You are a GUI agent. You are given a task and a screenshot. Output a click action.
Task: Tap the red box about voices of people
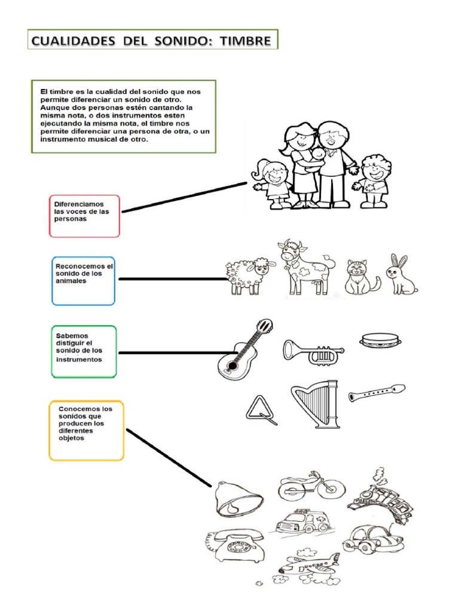click(x=84, y=216)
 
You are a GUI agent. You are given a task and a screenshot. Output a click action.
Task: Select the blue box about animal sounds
click(x=83, y=281)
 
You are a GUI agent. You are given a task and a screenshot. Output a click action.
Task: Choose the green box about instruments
click(x=84, y=351)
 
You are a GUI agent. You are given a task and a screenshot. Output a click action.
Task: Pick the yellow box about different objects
click(x=86, y=430)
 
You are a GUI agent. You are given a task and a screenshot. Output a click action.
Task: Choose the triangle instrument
click(x=260, y=410)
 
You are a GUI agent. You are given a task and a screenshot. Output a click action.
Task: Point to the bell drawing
click(x=239, y=498)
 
